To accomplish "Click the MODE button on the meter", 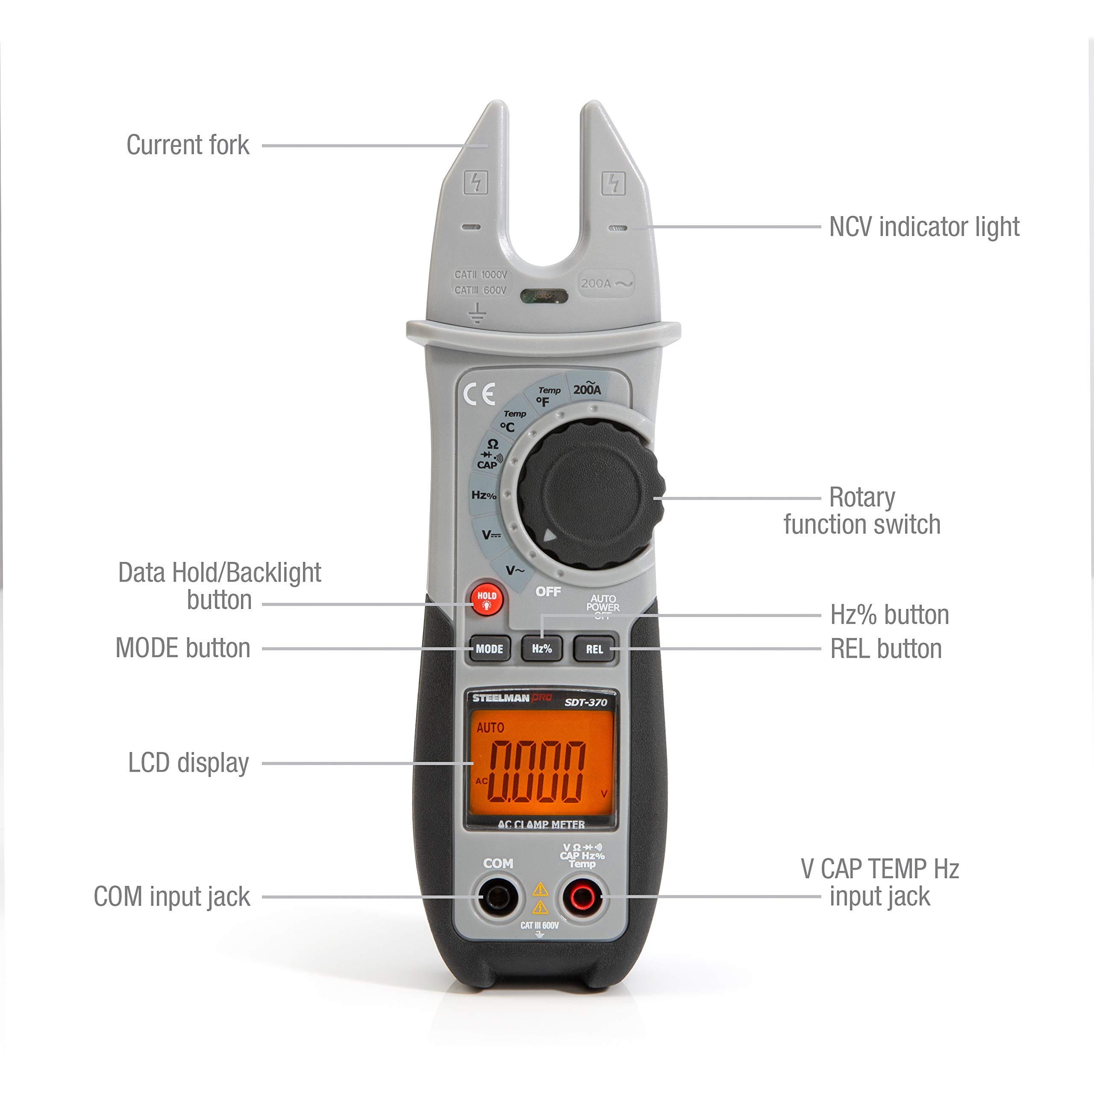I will coord(489,649).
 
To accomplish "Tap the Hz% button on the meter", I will coord(542,649).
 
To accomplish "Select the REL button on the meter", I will coord(594,649).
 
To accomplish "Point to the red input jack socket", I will coord(582,897).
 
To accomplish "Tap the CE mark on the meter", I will coord(479,394).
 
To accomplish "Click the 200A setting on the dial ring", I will coord(587,388).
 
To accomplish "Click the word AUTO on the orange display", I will coord(490,728).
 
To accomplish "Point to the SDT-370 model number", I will coord(585,703).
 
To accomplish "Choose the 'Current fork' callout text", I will coord(188,145).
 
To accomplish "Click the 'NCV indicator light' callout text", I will coord(923,227).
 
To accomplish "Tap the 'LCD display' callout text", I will coord(188,763).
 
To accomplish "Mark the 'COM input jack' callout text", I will coord(171,897).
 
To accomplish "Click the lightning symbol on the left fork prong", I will coord(476,183).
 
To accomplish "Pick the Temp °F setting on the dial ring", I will coord(547,397).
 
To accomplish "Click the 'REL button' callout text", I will coord(885,649).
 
